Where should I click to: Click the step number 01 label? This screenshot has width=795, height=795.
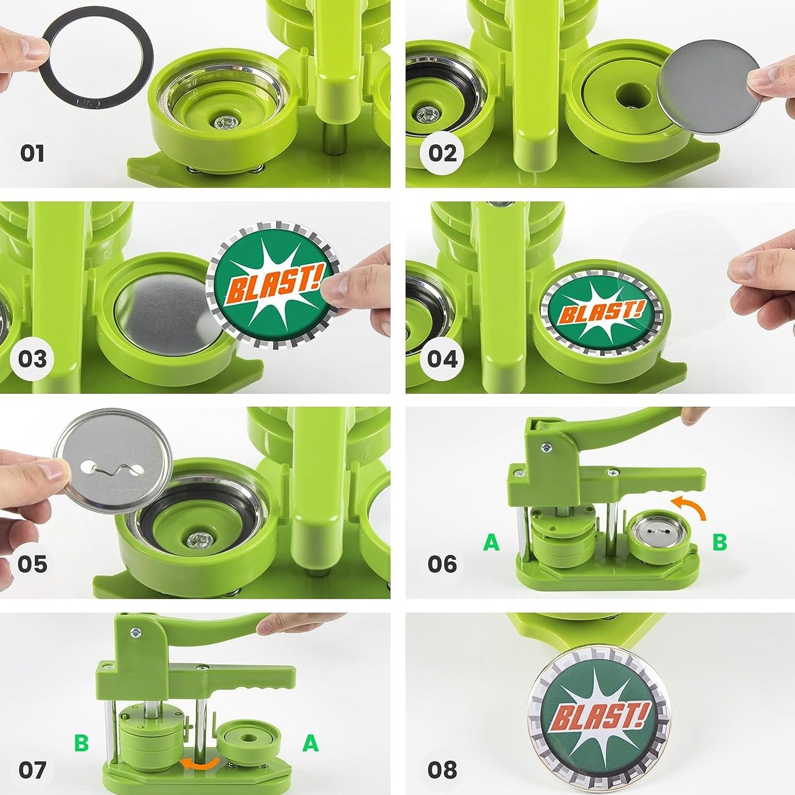[x=32, y=154]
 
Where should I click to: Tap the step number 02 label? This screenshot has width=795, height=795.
[x=442, y=154]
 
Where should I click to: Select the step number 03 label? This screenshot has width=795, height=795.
[x=32, y=359]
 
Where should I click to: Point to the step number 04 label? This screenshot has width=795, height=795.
[x=442, y=359]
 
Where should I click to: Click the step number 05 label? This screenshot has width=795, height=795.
[x=32, y=564]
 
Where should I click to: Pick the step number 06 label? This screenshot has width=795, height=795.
[x=442, y=564]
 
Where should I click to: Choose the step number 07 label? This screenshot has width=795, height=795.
[x=32, y=770]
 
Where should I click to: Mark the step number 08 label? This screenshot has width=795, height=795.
[x=442, y=770]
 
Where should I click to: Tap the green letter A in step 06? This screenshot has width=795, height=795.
[x=491, y=542]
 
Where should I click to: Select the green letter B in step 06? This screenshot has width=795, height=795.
[x=719, y=542]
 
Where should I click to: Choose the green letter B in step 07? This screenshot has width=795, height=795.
[x=81, y=743]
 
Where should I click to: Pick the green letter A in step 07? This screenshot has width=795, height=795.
[x=310, y=743]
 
